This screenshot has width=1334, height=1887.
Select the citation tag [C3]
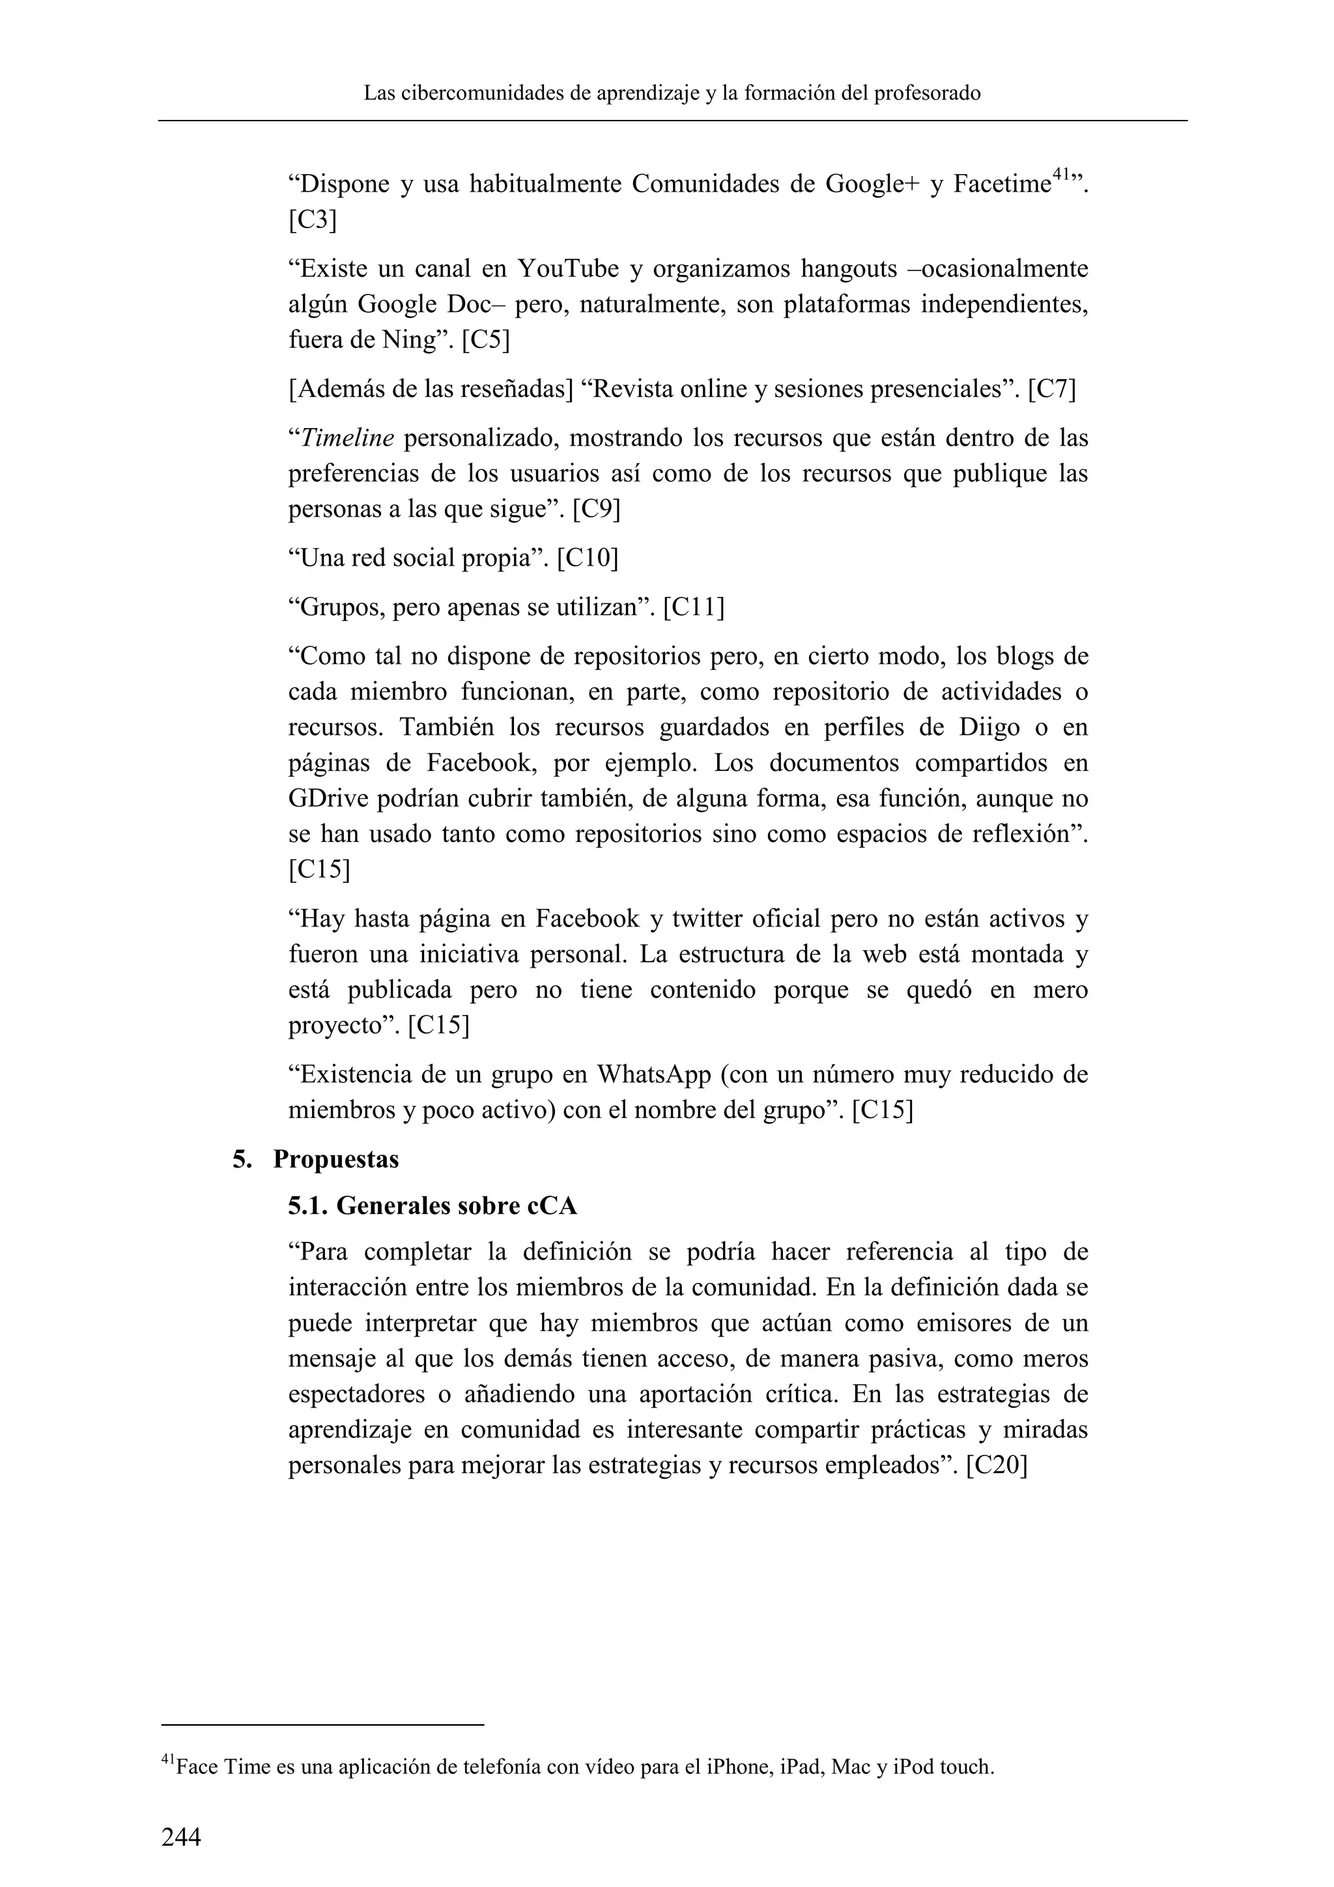pos(312,220)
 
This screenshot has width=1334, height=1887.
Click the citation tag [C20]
pos(997,1465)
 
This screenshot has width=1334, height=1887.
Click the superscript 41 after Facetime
pos(1061,174)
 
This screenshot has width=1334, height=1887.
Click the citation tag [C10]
pos(588,559)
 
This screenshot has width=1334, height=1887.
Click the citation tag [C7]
pos(1052,389)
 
